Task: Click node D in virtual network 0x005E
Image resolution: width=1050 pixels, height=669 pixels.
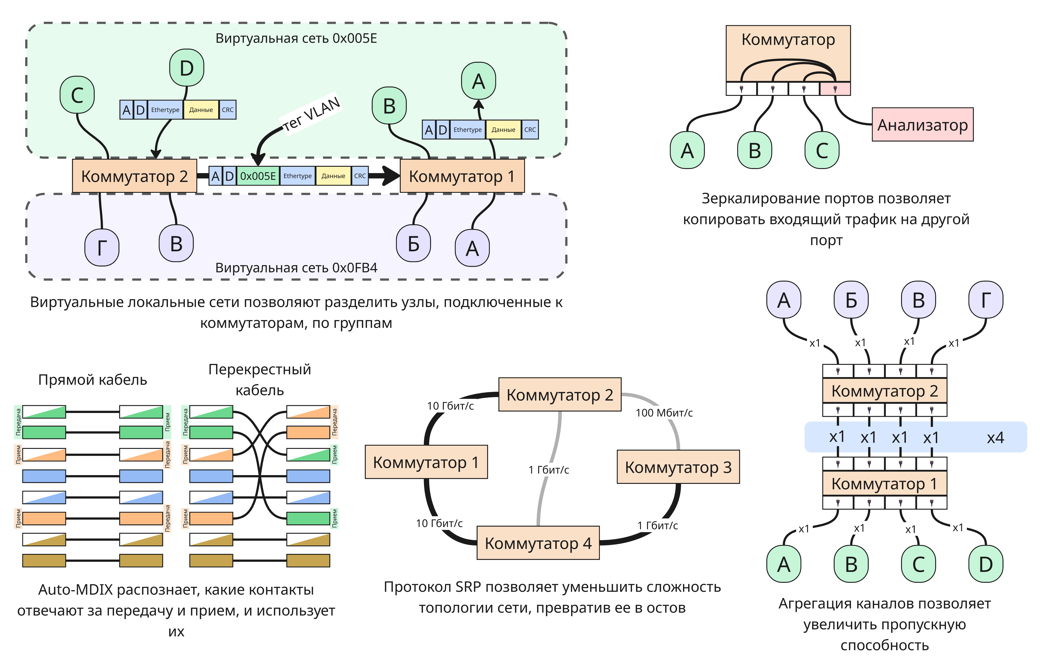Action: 187,68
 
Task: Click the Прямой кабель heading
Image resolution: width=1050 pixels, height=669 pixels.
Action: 92,380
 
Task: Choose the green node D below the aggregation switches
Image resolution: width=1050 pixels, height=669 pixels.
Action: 986,564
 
